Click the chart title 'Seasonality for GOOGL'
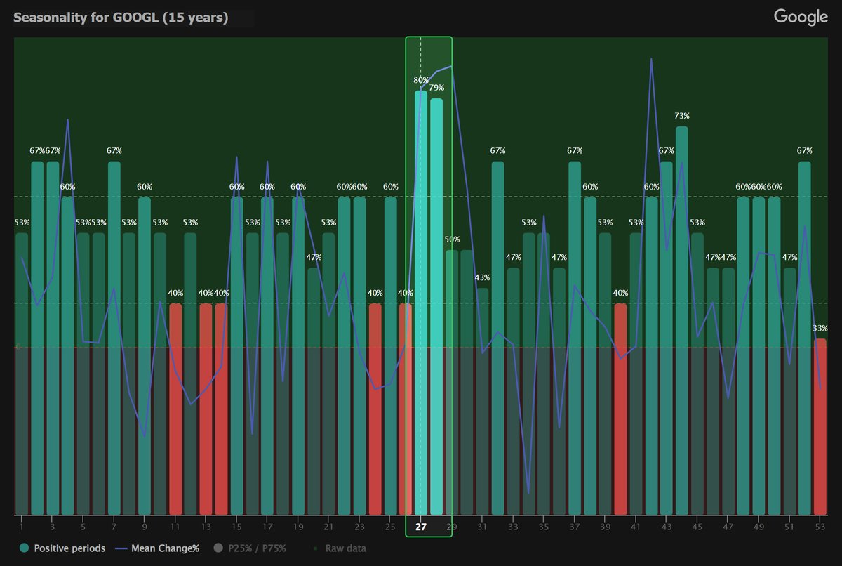tap(121, 18)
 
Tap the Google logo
tap(801, 18)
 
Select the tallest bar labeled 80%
tap(421, 302)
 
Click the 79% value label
tap(436, 88)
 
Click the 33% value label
tap(820, 328)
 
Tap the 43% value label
tap(482, 277)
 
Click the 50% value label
tap(452, 239)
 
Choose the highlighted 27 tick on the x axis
tap(421, 527)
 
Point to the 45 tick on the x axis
tap(697, 527)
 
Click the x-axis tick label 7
tap(114, 527)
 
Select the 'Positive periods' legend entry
tap(63, 548)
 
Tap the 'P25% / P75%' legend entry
tap(250, 548)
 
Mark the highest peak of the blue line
tap(651, 59)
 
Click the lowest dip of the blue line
tap(528, 493)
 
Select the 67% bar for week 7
tap(114, 337)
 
